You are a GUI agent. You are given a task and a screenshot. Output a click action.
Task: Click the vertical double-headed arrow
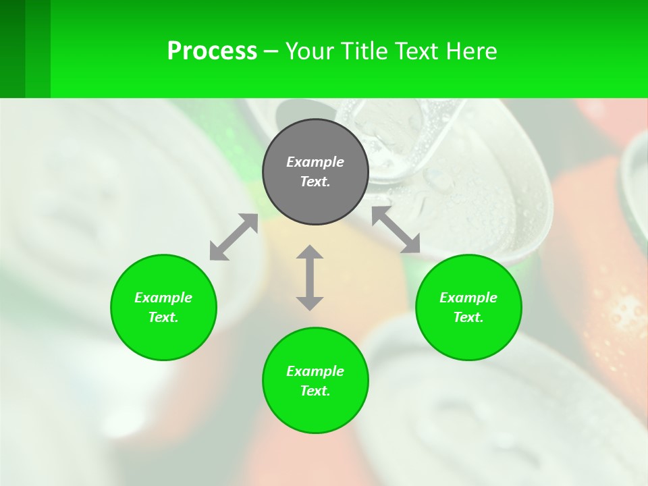310,277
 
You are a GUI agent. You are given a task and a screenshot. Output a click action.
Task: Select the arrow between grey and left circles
234,237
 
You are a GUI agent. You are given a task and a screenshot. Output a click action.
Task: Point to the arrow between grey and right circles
396,230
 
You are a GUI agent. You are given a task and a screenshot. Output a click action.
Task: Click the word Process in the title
212,51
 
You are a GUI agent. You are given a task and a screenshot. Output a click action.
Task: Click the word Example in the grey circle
315,162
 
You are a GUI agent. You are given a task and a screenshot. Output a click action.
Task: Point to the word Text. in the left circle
163,317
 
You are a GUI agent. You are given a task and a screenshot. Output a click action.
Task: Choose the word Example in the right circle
468,298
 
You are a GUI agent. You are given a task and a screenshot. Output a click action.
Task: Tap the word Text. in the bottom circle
315,391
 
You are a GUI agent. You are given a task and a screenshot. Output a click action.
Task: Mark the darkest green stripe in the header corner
12,49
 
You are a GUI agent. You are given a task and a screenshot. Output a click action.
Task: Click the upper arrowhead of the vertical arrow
310,252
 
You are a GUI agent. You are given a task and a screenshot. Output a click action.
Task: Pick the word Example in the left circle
163,298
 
